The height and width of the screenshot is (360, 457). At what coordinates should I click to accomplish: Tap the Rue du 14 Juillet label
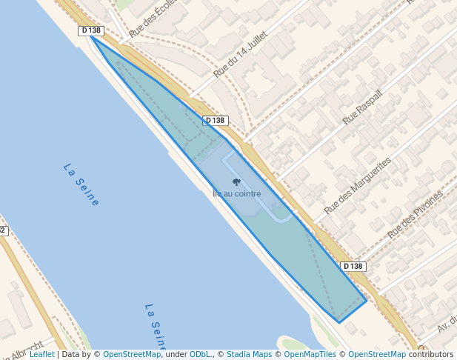241,53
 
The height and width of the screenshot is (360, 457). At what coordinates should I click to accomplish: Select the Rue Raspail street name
363,107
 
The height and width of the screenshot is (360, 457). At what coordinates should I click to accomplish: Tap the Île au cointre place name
236,194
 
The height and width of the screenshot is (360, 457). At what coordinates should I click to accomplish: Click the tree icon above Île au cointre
236,182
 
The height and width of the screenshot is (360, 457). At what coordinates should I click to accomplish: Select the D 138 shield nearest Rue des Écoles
90,30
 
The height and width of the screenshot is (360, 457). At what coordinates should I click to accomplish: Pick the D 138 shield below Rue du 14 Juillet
215,120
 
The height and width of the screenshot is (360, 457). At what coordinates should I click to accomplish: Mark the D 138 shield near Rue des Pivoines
353,266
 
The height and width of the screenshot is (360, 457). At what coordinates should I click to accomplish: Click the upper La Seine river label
81,184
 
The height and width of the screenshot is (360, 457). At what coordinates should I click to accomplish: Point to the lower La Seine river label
156,326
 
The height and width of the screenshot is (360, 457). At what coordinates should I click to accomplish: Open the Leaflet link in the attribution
41,354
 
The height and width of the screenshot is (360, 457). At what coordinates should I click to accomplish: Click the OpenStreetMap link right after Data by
131,354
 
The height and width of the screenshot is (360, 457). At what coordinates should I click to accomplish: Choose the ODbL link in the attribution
200,354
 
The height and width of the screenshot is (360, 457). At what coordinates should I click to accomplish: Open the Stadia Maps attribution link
249,354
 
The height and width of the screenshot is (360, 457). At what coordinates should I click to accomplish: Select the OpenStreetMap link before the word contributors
376,354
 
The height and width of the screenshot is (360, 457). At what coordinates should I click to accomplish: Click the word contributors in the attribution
430,354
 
